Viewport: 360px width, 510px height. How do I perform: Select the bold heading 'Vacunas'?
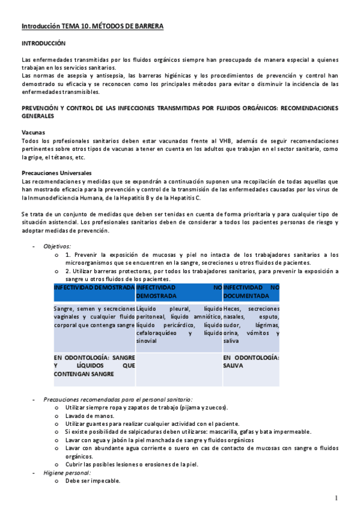32,132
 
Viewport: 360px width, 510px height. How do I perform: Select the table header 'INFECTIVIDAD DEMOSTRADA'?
94,288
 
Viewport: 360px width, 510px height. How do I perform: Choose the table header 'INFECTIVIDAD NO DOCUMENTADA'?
251,292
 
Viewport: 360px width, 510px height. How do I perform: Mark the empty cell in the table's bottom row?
178,369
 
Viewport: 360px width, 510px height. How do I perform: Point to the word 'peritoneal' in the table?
151,316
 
